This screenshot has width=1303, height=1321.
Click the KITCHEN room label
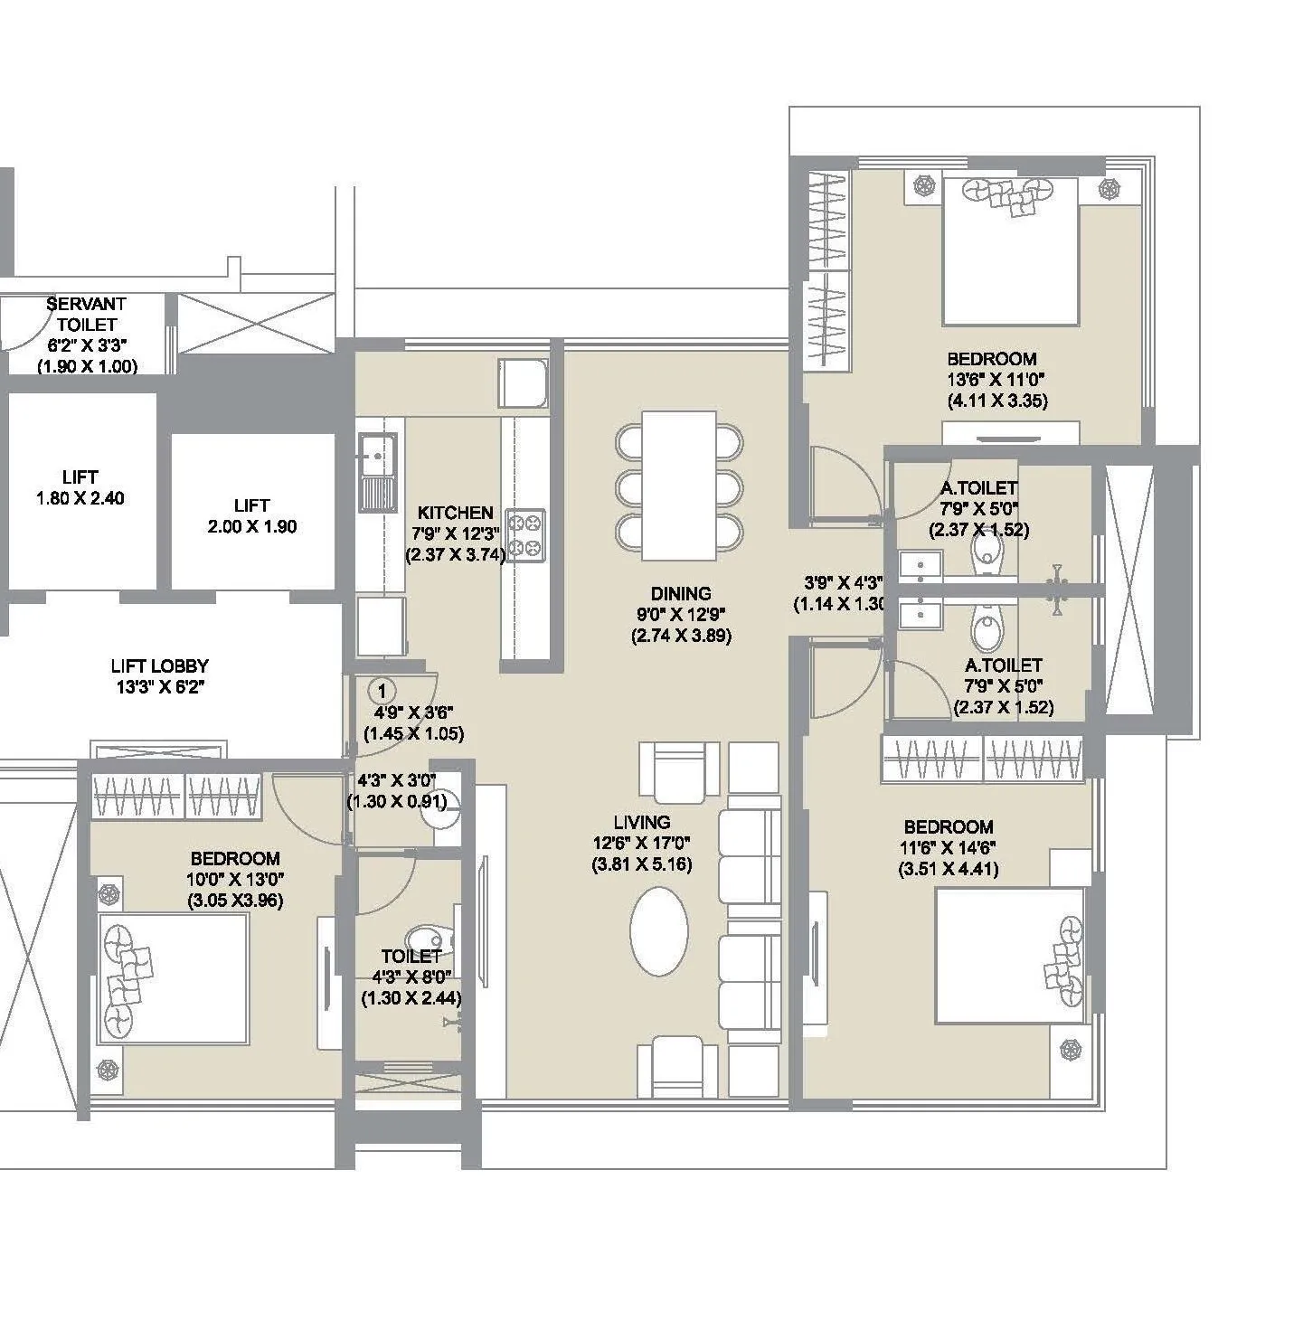click(x=455, y=513)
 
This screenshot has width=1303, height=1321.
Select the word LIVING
click(x=641, y=822)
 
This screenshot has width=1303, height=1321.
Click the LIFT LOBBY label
click(x=159, y=666)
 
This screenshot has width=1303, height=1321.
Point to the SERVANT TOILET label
click(x=87, y=314)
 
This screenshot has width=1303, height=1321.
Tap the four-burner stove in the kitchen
click(x=525, y=534)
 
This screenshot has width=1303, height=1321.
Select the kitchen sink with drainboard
click(x=377, y=472)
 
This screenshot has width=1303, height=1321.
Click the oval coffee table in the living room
click(x=658, y=931)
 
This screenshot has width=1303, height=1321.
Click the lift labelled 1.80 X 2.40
click(x=80, y=487)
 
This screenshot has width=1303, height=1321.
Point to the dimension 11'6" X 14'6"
click(x=948, y=848)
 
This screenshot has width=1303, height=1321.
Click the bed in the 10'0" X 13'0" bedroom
click(x=172, y=978)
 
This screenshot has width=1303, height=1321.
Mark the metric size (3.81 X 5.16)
click(x=641, y=864)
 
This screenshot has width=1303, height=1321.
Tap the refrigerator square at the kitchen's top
click(x=523, y=382)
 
